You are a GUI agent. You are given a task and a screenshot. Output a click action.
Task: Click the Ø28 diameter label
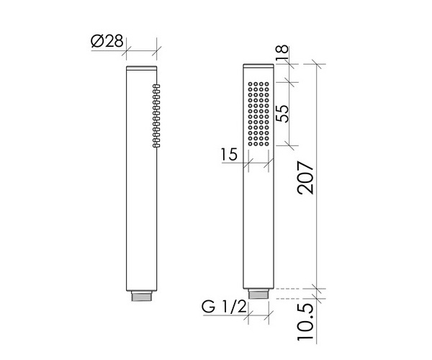click(108, 41)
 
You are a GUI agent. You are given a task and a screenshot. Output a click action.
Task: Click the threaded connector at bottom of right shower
click(258, 294)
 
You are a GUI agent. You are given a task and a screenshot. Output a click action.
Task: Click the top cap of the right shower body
click(258, 69)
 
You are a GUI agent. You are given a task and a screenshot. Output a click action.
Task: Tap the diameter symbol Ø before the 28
click(96, 41)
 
